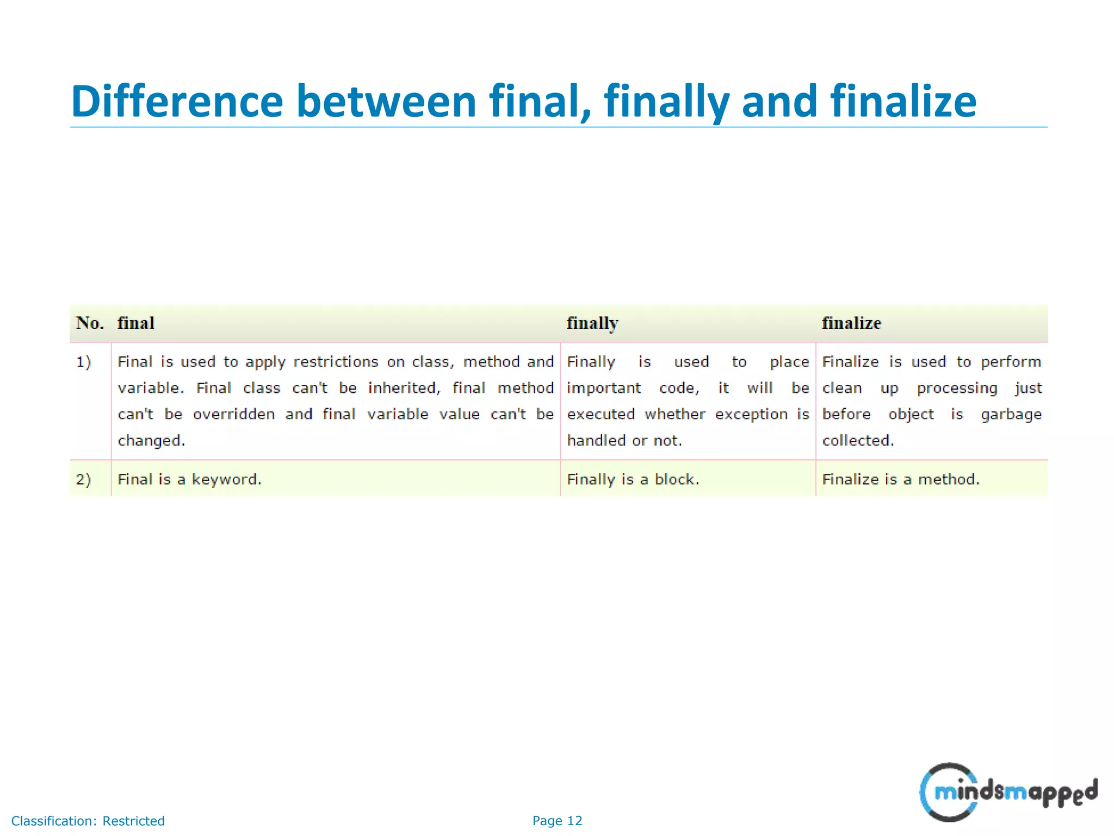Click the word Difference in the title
[177, 101]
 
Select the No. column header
[90, 323]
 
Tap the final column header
[136, 323]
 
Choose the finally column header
[592, 323]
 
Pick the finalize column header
[851, 323]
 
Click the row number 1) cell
[84, 362]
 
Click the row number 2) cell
[84, 480]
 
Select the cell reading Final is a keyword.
[189, 480]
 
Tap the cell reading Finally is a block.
[633, 480]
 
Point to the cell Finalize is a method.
[901, 480]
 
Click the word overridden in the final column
[234, 414]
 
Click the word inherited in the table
[404, 388]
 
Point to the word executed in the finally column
[601, 414]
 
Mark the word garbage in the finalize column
[1011, 415]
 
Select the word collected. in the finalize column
[858, 440]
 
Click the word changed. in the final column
[151, 441]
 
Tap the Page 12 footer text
[557, 821]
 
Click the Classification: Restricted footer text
[88, 821]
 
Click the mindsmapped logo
[1008, 792]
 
